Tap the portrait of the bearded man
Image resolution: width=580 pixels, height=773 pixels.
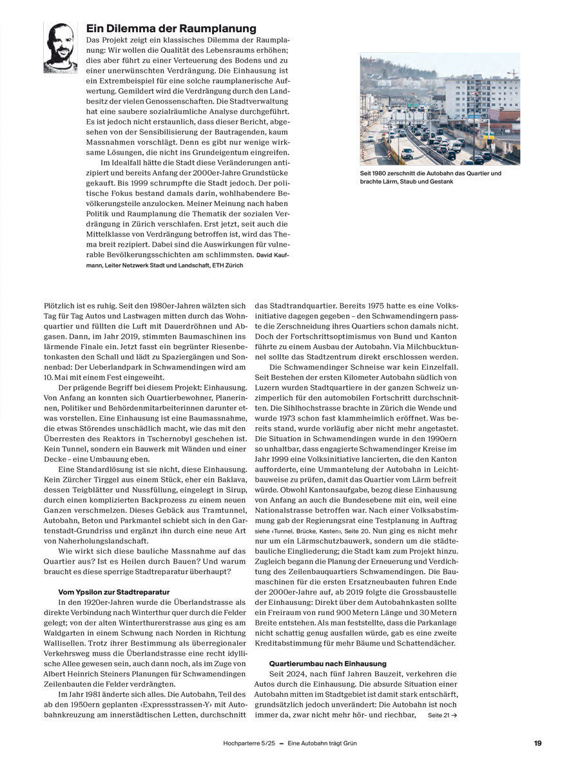point(60,47)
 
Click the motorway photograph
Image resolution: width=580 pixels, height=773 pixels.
point(440,109)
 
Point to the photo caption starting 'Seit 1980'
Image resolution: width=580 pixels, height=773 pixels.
point(430,177)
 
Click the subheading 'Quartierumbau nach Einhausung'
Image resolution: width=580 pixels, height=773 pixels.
point(327,663)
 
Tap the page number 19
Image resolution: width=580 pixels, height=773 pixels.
point(537,743)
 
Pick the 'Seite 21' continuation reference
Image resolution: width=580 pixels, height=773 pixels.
point(442,715)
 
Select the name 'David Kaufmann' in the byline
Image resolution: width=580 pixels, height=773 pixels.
point(271,255)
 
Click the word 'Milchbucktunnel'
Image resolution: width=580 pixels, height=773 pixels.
point(428,345)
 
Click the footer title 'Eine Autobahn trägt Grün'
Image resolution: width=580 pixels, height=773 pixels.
point(322,743)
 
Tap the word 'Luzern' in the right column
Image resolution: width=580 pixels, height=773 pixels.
point(268,386)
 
